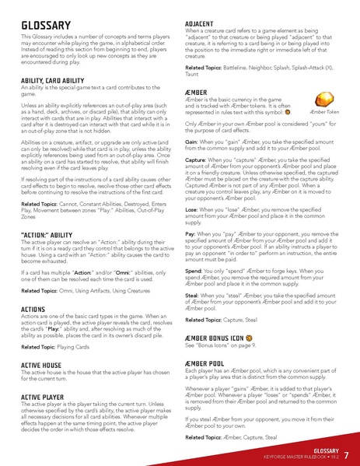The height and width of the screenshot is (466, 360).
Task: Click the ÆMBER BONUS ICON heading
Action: [x=225, y=338]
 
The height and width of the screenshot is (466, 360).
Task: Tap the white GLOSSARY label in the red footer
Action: [x=318, y=450]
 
